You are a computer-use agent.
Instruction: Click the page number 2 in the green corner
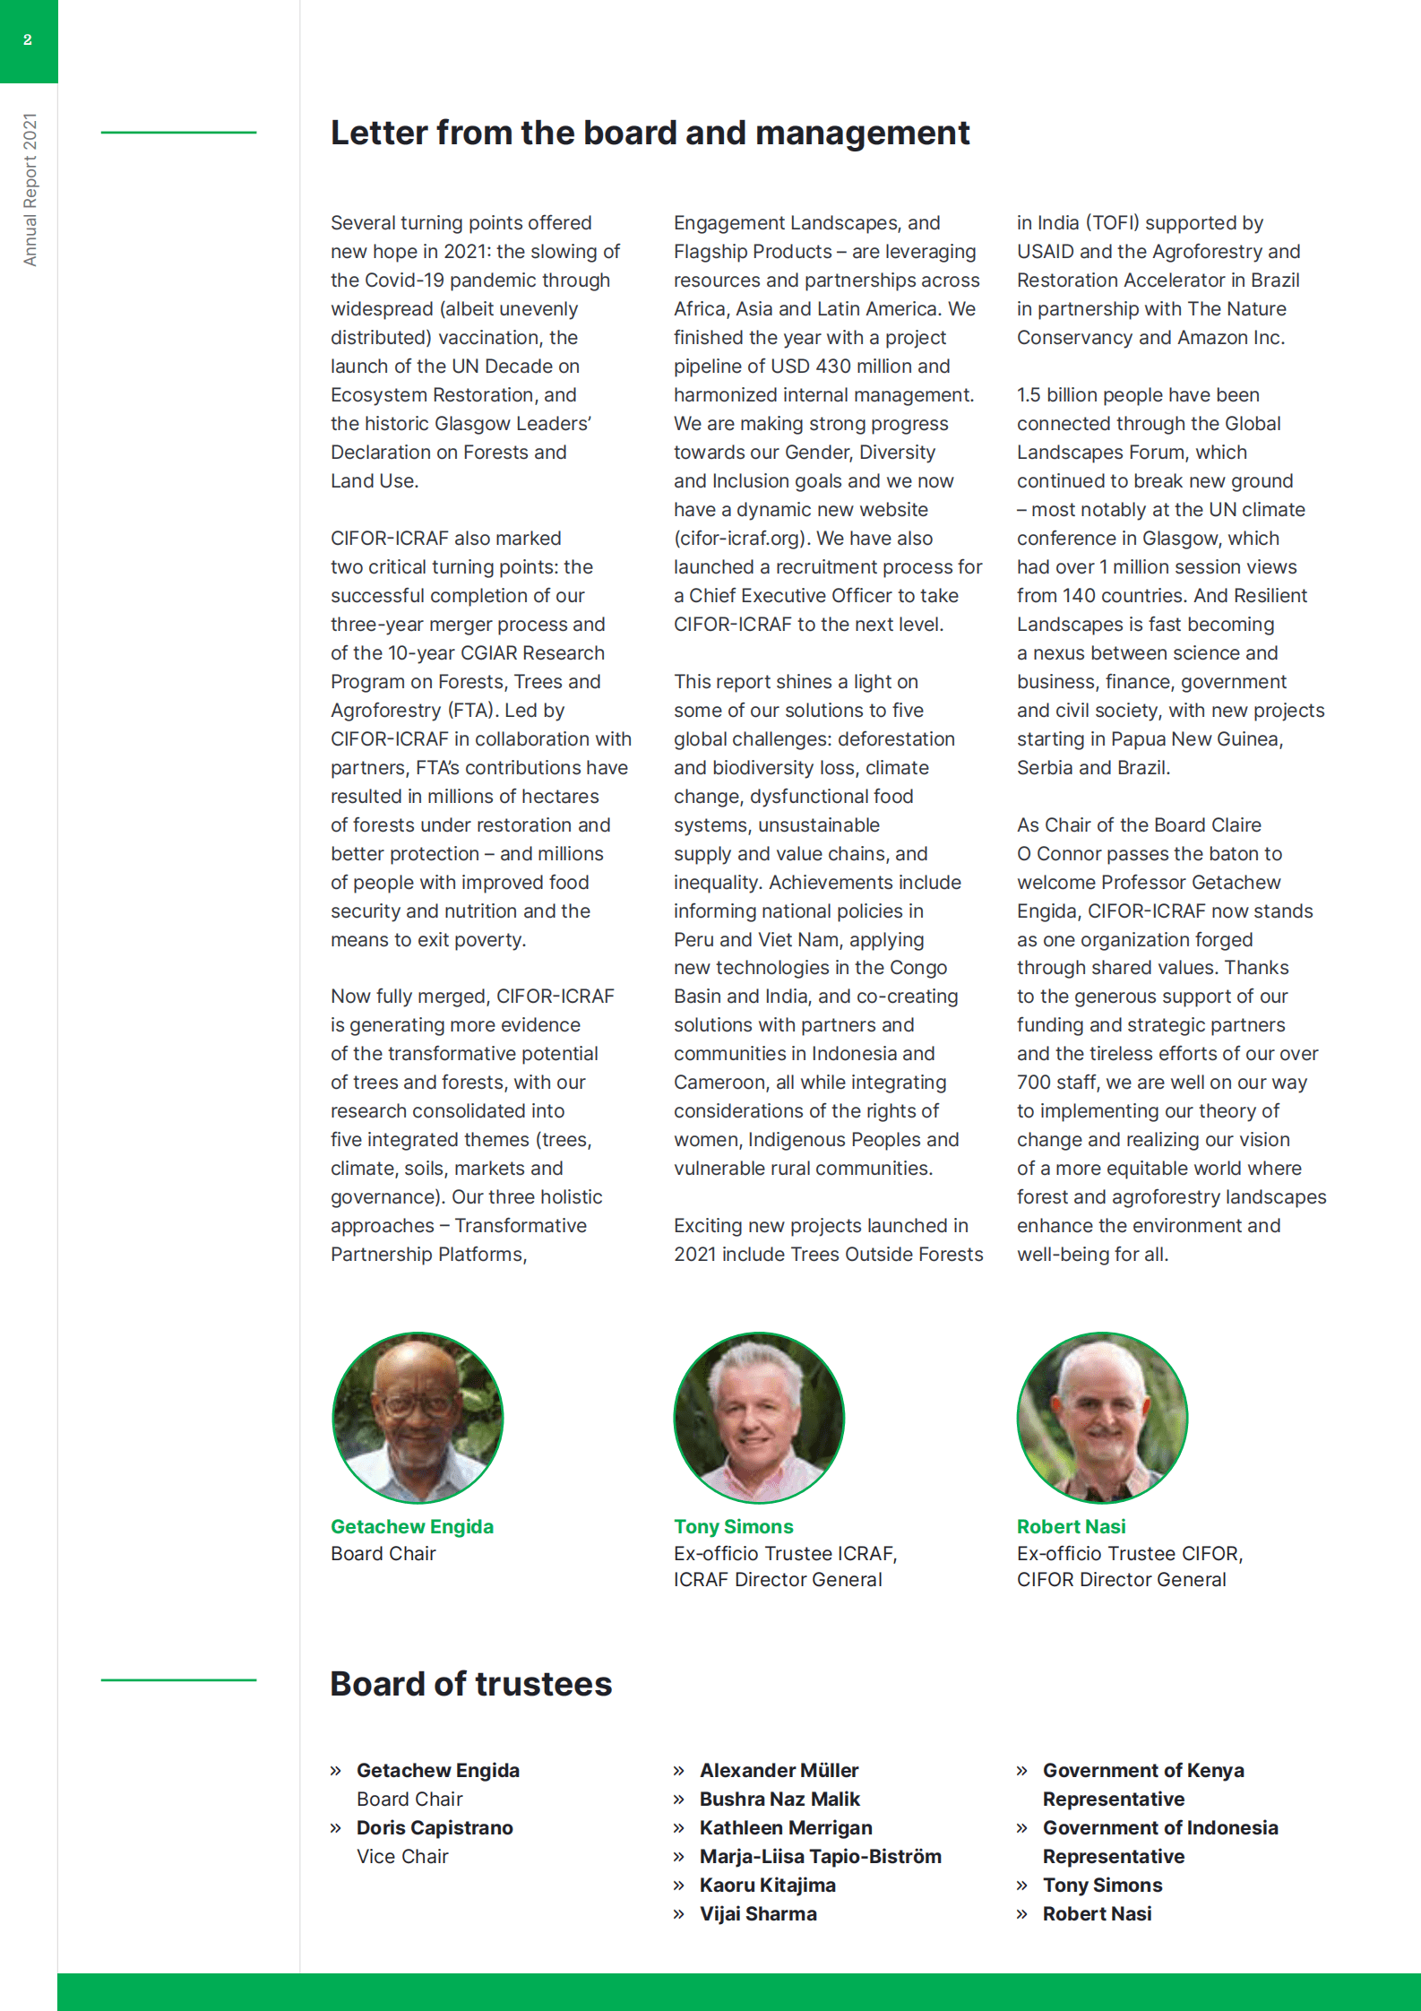[x=28, y=40]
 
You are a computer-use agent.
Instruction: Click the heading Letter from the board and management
[x=650, y=133]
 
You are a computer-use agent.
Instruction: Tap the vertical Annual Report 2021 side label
[x=30, y=189]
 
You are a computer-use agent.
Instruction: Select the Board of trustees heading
[x=470, y=1684]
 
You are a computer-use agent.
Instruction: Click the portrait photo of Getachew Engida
[x=418, y=1417]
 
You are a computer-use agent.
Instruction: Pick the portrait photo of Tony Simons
[x=759, y=1417]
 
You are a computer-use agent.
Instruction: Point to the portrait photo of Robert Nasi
[x=1102, y=1417]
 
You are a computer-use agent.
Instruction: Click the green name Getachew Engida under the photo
[x=411, y=1526]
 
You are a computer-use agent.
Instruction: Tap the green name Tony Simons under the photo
[x=733, y=1526]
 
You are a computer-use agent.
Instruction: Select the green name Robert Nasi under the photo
[x=1071, y=1526]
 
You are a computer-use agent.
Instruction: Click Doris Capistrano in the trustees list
[x=435, y=1827]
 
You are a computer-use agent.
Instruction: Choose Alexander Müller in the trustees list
[x=779, y=1770]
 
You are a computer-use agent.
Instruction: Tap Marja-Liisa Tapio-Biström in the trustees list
[x=820, y=1856]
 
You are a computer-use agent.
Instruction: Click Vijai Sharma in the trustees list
[x=758, y=1913]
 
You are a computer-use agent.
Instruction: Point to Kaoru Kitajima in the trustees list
[x=767, y=1885]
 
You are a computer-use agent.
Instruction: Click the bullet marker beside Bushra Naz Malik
[x=679, y=1799]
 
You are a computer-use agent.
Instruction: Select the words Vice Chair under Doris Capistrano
[x=402, y=1856]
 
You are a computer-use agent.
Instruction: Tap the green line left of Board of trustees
[x=178, y=1679]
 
